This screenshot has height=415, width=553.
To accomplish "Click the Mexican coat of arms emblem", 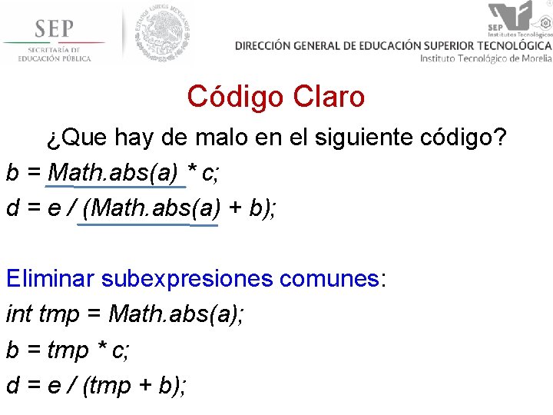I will click(161, 32).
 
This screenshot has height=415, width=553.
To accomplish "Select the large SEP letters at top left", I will click(54, 29).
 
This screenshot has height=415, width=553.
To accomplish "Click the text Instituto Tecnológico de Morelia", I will click(485, 58).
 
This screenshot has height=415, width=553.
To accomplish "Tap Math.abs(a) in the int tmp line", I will click(175, 314).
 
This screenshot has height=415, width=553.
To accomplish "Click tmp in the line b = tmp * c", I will click(68, 350).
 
